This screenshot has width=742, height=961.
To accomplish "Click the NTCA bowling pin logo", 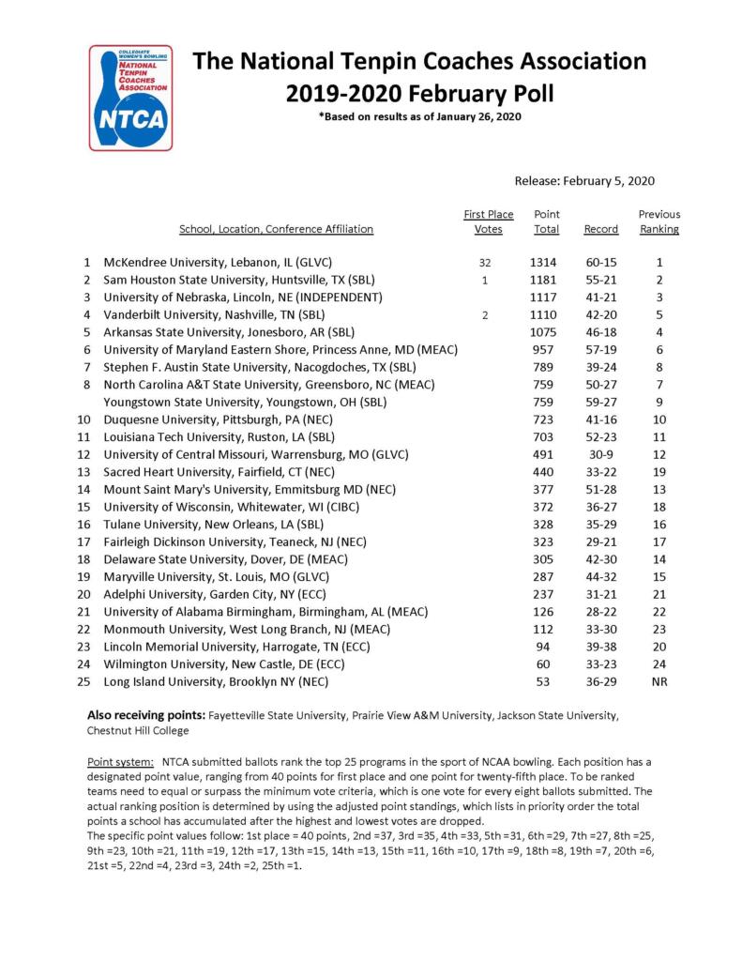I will point(130,97).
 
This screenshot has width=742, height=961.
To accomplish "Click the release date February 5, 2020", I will point(584,181).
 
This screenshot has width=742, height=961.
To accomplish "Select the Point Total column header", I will point(546,221).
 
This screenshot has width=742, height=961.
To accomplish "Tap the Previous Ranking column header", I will point(659,221).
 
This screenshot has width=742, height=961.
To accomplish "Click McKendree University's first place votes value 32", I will point(485,264).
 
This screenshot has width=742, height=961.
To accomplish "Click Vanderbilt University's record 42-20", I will point(601,315).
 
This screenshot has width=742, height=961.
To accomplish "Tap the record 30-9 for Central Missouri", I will point(601,454).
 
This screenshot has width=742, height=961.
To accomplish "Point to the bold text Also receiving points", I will point(144,714).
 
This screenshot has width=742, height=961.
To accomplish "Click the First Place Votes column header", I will point(489,221).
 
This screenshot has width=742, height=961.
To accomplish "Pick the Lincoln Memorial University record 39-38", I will point(601,647).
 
